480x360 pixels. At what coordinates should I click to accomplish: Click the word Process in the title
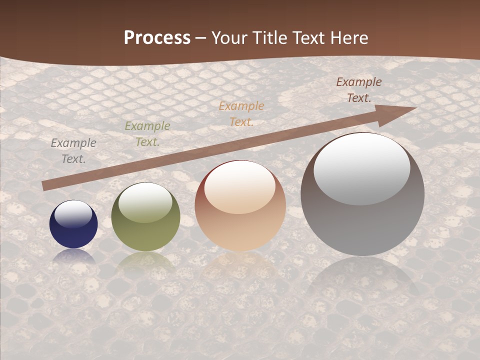[157, 38]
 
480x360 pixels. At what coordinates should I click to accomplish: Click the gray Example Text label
[73, 151]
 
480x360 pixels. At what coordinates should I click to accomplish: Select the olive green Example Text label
[147, 134]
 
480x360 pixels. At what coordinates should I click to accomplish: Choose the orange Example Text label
[241, 113]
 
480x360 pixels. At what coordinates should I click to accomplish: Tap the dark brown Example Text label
[359, 90]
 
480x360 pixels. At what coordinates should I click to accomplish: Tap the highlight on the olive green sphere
[145, 201]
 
